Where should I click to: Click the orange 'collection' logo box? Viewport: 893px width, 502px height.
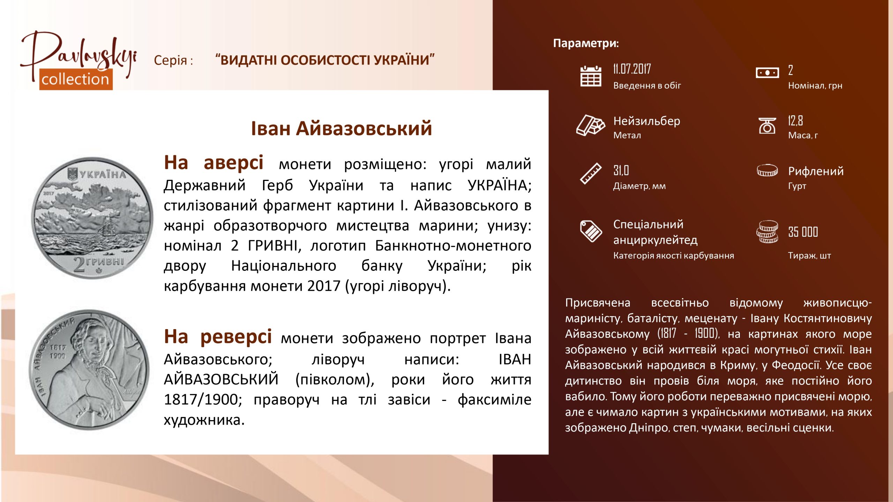click(x=76, y=79)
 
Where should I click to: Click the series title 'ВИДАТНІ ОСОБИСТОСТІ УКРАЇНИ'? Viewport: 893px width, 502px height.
click(x=325, y=60)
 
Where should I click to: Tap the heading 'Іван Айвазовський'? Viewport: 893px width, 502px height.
click(x=342, y=128)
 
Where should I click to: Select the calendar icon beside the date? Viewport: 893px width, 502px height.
click(x=591, y=76)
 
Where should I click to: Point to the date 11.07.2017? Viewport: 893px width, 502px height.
click(x=632, y=69)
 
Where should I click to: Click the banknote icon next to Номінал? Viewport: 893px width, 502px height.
click(x=767, y=73)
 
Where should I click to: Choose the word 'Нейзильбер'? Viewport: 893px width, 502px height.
click(x=647, y=121)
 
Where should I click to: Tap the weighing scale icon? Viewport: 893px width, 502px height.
click(x=767, y=125)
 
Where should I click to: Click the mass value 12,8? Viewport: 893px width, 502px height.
click(x=795, y=121)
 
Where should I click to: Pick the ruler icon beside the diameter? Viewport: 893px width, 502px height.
click(x=591, y=174)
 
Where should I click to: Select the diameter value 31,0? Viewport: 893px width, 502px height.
click(x=621, y=170)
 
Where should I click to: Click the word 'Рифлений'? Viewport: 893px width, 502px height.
click(x=816, y=171)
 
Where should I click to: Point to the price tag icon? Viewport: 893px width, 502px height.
click(x=591, y=231)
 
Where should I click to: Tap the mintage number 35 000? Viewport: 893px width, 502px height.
click(x=803, y=232)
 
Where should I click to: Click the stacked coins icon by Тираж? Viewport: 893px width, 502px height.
click(x=767, y=231)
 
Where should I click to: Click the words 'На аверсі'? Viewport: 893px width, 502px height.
click(x=213, y=163)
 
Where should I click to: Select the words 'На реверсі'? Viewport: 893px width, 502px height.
click(x=218, y=337)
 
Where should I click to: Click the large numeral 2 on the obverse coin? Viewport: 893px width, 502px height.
click(x=79, y=265)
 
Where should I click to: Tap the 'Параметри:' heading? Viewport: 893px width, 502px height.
click(x=586, y=43)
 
